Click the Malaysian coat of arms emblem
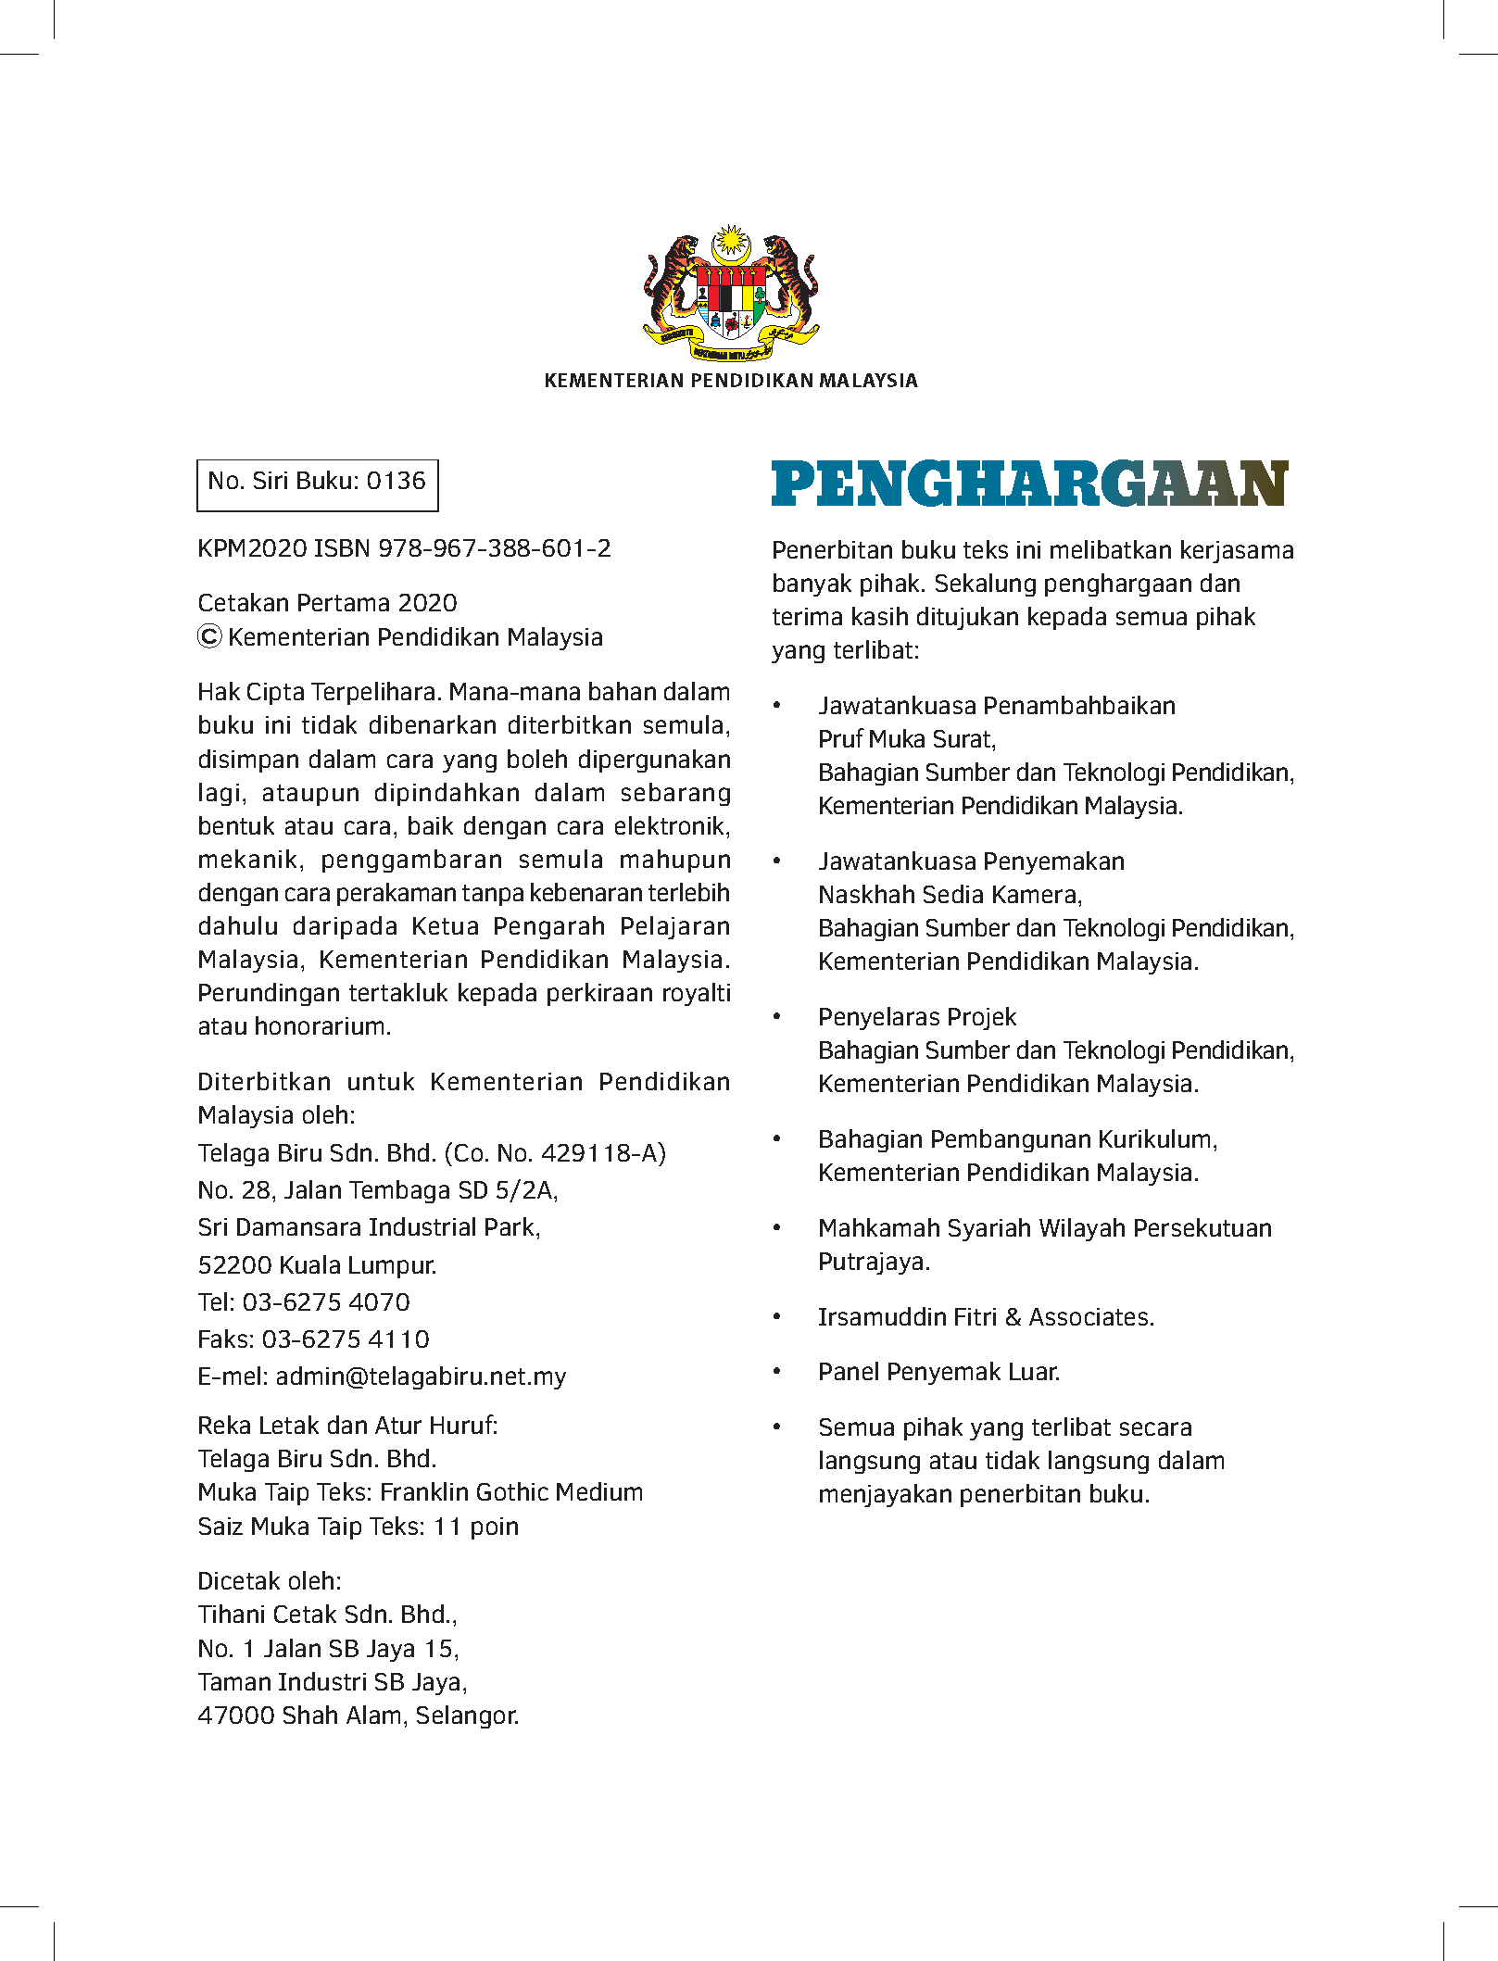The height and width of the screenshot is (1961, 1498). [731, 293]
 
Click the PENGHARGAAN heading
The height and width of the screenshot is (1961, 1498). [1029, 484]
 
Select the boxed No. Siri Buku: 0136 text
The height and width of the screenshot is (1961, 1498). [317, 482]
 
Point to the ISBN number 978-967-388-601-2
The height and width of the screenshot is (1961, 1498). [495, 549]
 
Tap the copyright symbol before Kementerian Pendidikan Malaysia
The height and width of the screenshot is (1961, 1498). [210, 637]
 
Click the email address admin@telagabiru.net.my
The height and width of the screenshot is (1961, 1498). [421, 1376]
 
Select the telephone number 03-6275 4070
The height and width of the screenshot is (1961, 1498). [326, 1302]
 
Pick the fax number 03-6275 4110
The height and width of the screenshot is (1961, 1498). [346, 1339]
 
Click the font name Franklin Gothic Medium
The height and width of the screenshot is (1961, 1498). [511, 1492]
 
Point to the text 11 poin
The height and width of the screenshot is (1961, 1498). [476, 1527]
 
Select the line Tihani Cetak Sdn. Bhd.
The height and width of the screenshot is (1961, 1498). [327, 1615]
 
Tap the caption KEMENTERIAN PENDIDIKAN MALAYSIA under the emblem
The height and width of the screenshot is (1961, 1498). [731, 381]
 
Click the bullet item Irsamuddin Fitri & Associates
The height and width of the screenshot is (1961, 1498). [986, 1317]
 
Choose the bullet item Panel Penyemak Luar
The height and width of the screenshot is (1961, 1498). [938, 1372]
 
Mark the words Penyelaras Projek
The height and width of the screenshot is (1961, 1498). [917, 1017]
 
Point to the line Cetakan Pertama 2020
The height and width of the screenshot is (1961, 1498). [327, 603]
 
